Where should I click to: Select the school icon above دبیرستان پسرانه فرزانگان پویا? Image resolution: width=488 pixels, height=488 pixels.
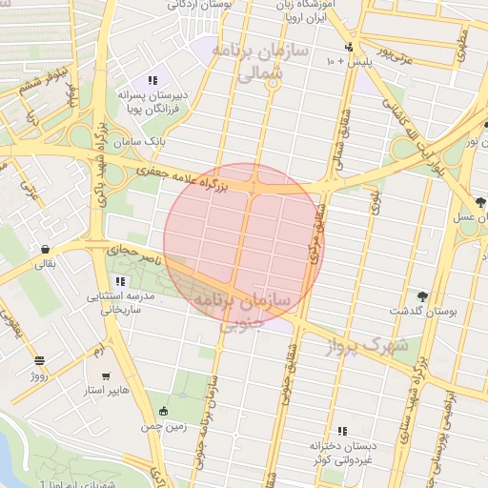[152, 80]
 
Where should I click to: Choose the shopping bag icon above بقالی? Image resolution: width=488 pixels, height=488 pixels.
[46, 250]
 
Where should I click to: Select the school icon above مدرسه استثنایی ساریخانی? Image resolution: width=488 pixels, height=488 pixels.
[120, 281]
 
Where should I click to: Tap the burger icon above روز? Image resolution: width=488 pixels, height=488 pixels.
[39, 360]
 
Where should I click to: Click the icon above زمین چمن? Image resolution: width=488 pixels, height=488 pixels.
[163, 412]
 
